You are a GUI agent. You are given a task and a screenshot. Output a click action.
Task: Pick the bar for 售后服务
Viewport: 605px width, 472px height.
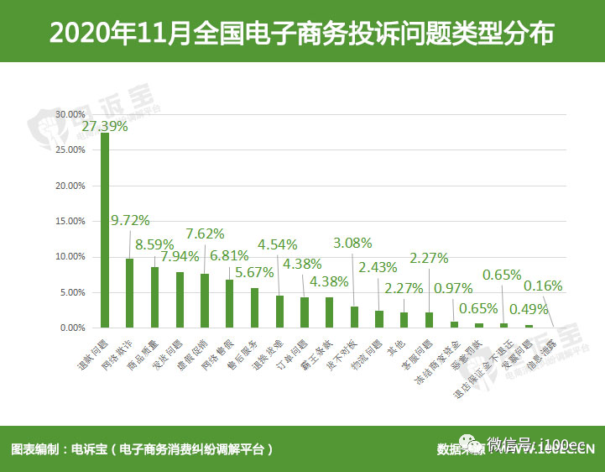tap(254, 307)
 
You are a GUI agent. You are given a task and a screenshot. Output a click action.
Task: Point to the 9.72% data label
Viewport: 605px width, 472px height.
tap(130, 221)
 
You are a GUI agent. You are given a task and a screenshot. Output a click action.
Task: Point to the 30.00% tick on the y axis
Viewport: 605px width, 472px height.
tap(70, 114)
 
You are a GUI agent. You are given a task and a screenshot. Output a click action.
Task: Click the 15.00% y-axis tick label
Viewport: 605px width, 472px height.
tap(70, 222)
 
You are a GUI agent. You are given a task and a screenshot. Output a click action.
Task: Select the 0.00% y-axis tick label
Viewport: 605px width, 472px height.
tap(71, 328)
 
